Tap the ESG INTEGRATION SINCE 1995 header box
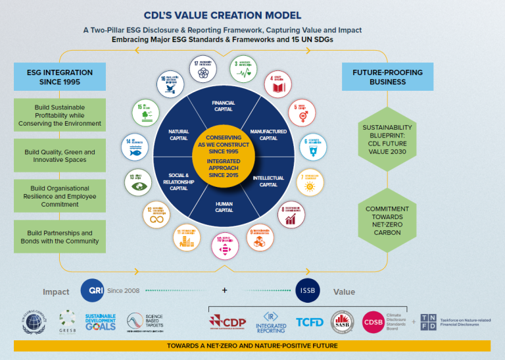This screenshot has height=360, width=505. [60, 77]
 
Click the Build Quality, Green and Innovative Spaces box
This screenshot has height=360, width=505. [60, 156]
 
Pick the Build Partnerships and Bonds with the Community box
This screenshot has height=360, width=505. [60, 237]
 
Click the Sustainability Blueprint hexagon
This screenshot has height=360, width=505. [387, 137]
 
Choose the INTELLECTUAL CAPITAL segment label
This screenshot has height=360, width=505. [268, 181]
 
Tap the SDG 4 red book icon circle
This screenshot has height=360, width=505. [279, 86]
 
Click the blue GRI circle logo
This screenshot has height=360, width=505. [92, 290]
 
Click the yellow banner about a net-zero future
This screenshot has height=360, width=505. [252, 346]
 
